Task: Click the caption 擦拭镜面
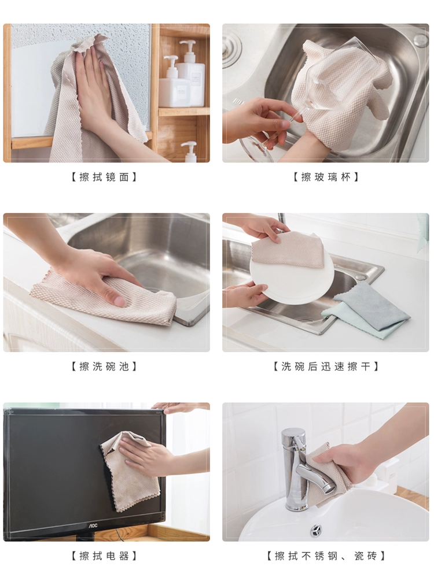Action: pos(104,177)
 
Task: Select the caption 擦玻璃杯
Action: pos(326,177)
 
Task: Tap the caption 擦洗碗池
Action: pos(104,366)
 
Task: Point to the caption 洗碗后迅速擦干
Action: pos(326,366)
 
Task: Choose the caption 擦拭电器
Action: pos(104,555)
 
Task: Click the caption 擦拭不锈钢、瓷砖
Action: pos(326,555)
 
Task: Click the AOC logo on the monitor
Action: pos(92,525)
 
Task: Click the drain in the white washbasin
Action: pos(315,531)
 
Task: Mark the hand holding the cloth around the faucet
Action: pos(354,461)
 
